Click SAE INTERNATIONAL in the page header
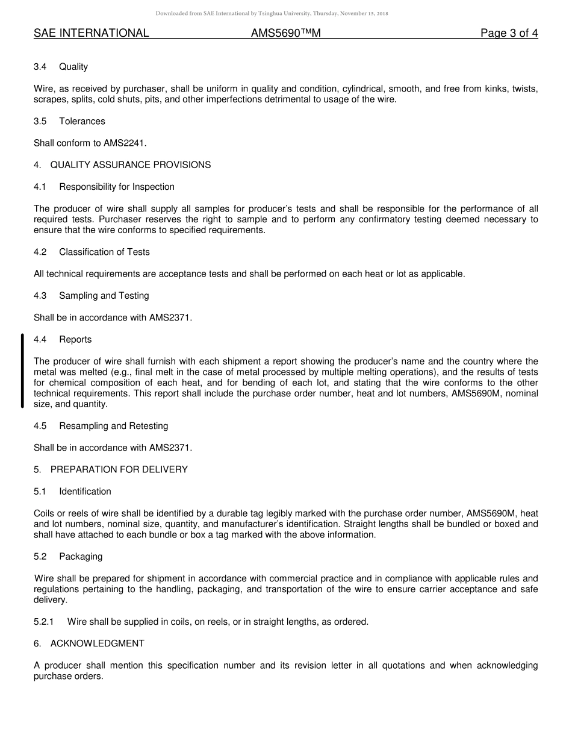click(x=91, y=33)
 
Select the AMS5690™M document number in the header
click(x=285, y=33)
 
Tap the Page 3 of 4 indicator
click(x=509, y=33)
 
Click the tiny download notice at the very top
click(x=272, y=13)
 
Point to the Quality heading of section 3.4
click(x=73, y=67)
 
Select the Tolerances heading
click(x=82, y=121)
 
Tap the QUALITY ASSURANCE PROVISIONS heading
click(x=130, y=165)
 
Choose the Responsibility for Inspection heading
click(x=117, y=187)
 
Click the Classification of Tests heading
click(x=104, y=252)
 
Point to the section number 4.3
click(x=40, y=296)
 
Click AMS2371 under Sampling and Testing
click(x=170, y=317)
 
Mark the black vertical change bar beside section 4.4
click(x=22, y=371)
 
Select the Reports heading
click(x=75, y=340)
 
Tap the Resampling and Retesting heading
click(x=113, y=426)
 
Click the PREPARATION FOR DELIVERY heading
click(x=119, y=469)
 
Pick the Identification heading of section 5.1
click(x=85, y=492)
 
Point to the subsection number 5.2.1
click(x=44, y=622)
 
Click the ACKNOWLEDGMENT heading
click(x=97, y=643)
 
